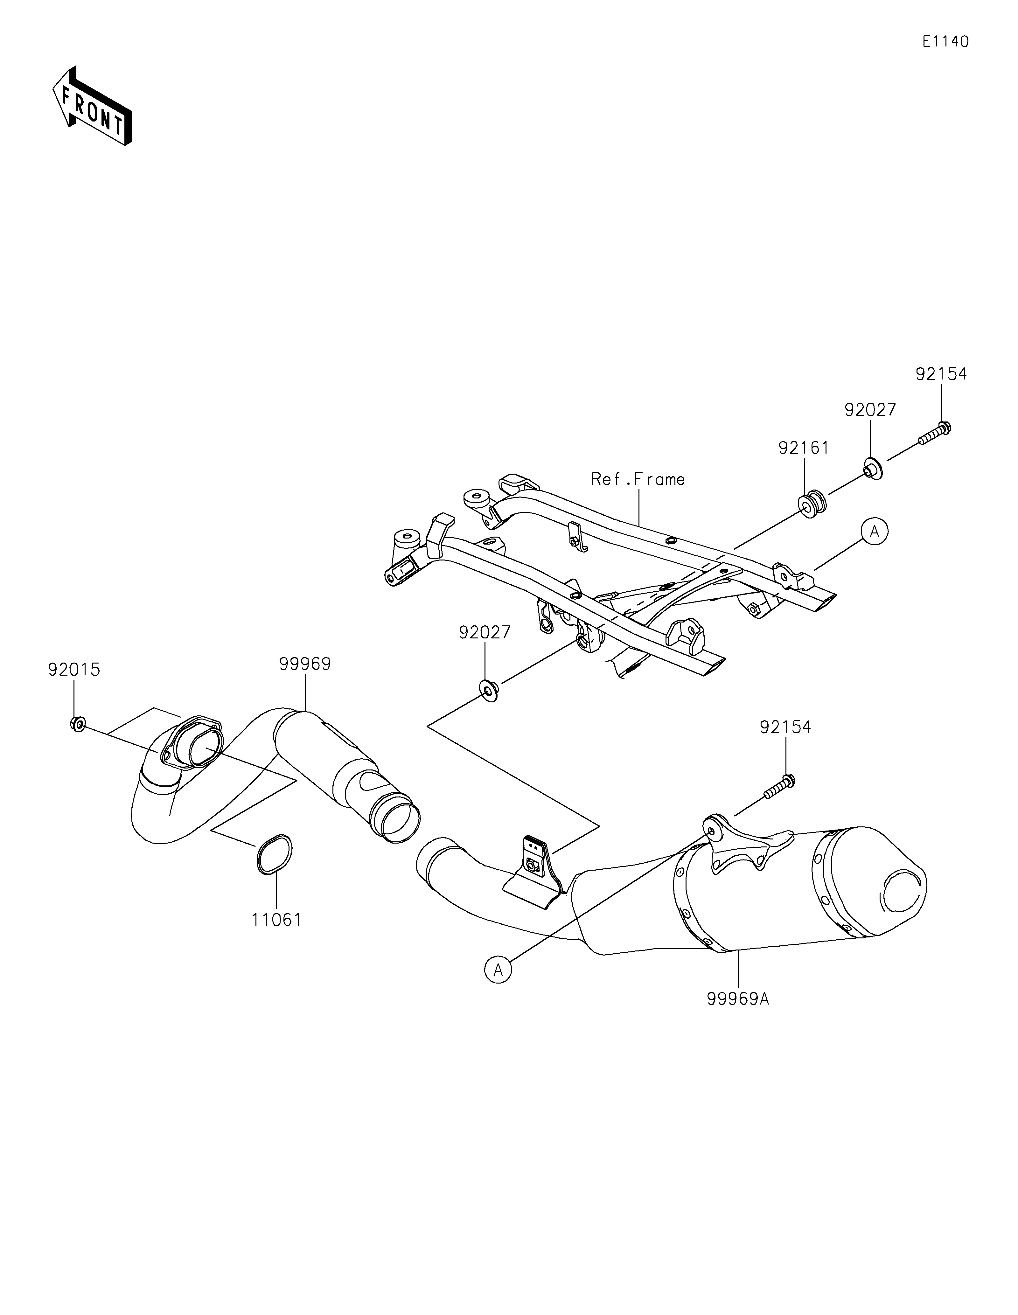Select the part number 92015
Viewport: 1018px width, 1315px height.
[x=74, y=670]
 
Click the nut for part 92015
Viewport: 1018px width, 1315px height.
[x=77, y=724]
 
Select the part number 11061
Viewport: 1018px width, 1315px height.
[x=276, y=920]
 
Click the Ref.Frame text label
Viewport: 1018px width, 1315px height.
[x=638, y=479]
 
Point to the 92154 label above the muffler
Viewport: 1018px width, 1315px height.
[x=785, y=727]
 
